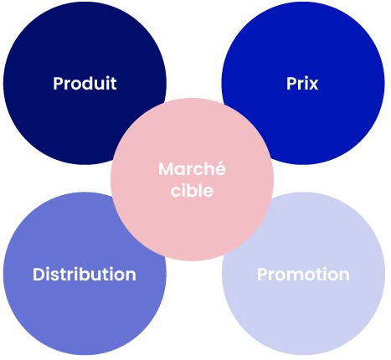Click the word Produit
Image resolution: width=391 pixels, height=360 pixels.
point(85,83)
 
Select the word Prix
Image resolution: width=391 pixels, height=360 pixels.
point(302,83)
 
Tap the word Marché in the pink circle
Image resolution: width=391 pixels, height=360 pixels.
point(192,168)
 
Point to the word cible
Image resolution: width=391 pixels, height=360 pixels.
point(192,190)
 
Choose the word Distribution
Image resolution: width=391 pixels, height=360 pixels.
point(85,274)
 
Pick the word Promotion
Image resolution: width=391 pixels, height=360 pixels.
point(303,274)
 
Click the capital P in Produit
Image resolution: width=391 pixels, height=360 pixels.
point(58,83)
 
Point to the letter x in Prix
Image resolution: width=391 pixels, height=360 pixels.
point(313,85)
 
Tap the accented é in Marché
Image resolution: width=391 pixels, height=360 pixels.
point(220,169)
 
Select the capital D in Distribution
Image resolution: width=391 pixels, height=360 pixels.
point(39,275)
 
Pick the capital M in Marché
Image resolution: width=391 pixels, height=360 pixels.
point(166,169)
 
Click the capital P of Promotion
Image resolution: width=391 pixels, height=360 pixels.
point(262,275)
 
